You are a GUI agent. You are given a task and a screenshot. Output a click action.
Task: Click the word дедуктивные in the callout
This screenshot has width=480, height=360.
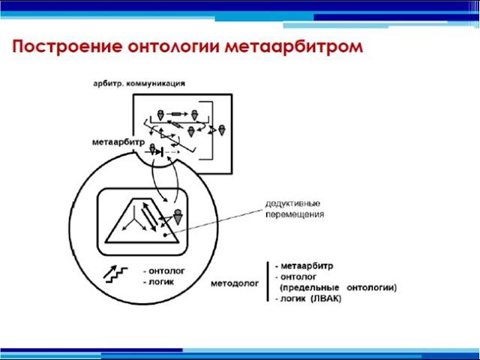(x=295, y=203)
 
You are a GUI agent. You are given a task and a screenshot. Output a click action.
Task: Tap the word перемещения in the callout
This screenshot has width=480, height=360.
(x=295, y=214)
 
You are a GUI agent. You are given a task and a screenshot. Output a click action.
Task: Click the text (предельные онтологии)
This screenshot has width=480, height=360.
(x=337, y=287)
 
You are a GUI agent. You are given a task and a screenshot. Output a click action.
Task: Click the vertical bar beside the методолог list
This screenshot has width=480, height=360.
(x=268, y=281)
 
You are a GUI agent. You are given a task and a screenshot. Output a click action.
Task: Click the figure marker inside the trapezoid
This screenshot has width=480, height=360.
(x=178, y=217)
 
